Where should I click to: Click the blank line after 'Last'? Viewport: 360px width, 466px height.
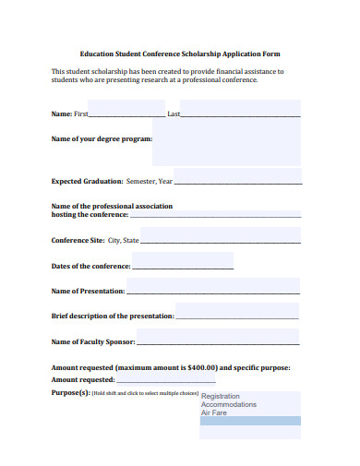[241, 115]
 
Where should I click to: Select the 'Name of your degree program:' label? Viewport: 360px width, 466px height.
[102, 138]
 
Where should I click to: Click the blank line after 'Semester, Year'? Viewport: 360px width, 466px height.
[237, 183]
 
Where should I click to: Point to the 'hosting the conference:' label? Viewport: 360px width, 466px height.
[90, 214]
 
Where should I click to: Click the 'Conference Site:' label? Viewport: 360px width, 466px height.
[78, 240]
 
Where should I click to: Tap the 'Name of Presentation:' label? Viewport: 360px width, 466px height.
[88, 291]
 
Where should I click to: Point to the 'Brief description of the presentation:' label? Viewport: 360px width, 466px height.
[112, 316]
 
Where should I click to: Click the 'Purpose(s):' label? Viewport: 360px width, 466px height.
[70, 392]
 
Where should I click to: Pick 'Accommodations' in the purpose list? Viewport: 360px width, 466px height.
[229, 404]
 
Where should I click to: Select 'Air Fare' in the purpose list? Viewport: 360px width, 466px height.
[214, 412]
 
